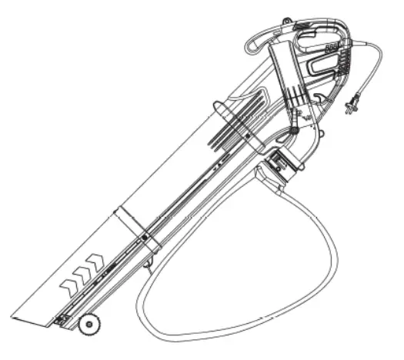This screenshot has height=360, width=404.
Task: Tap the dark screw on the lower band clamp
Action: click(x=146, y=265)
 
